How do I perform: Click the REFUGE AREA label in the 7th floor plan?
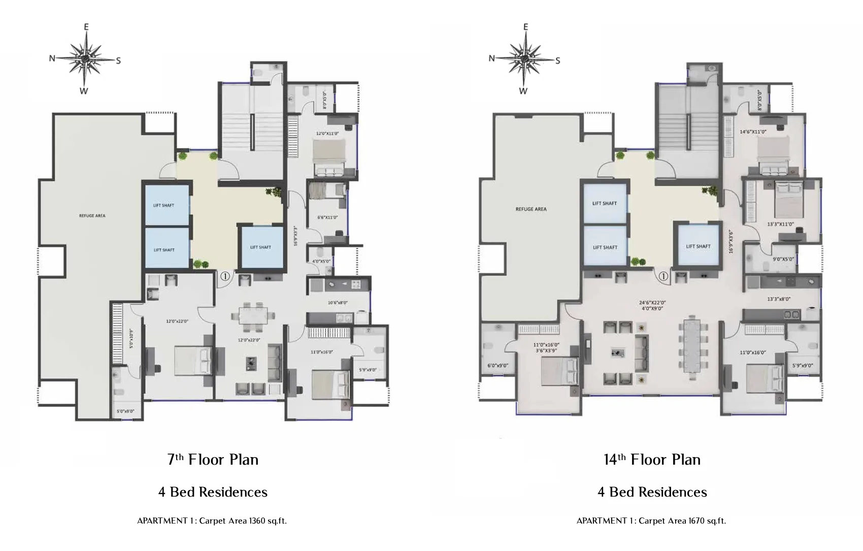pos(92,216)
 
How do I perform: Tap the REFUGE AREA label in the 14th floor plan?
pos(531,209)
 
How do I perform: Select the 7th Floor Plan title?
pos(213,460)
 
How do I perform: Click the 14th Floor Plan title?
pos(652,460)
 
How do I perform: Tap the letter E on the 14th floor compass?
pos(525,27)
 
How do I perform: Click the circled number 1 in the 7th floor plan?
pos(225,277)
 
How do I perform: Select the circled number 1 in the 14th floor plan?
pos(663,277)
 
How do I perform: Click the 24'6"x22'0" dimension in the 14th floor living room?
pos(652,303)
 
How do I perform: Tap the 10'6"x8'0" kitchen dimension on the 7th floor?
pos(338,303)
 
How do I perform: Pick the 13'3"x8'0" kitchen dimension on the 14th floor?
pos(779,299)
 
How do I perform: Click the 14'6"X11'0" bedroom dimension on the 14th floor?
pos(753,132)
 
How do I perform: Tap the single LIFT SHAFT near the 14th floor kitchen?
pos(698,246)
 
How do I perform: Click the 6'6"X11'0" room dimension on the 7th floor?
pos(327,217)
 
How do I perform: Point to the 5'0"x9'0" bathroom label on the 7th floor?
pos(122,411)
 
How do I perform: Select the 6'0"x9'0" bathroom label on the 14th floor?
pos(497,366)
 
